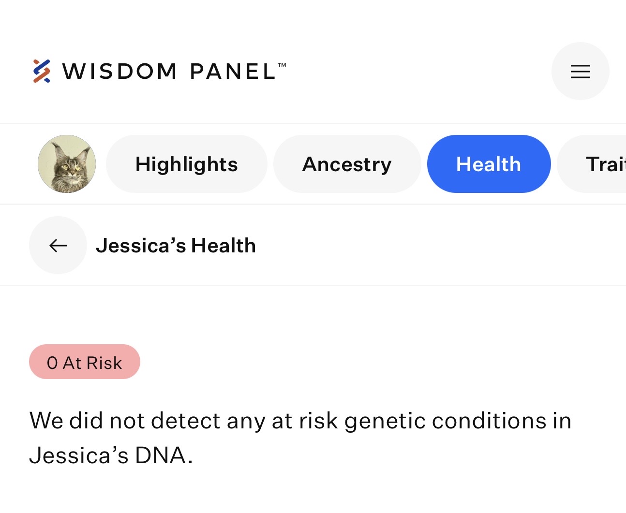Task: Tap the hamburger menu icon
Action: [x=580, y=71]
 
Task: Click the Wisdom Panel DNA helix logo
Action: [x=42, y=71]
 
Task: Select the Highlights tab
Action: [x=186, y=164]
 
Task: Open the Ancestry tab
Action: [x=347, y=164]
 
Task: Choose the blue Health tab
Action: [x=489, y=164]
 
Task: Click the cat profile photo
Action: [x=67, y=164]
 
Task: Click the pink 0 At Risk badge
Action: [x=84, y=361]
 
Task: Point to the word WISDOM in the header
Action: [x=119, y=71]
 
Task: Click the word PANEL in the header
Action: [x=232, y=71]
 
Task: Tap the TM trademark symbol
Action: [x=282, y=65]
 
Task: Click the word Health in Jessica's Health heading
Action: [x=223, y=245]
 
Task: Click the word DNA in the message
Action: [x=160, y=455]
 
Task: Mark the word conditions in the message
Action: [x=489, y=421]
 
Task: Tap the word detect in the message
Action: [x=185, y=421]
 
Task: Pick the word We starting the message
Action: [x=46, y=421]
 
